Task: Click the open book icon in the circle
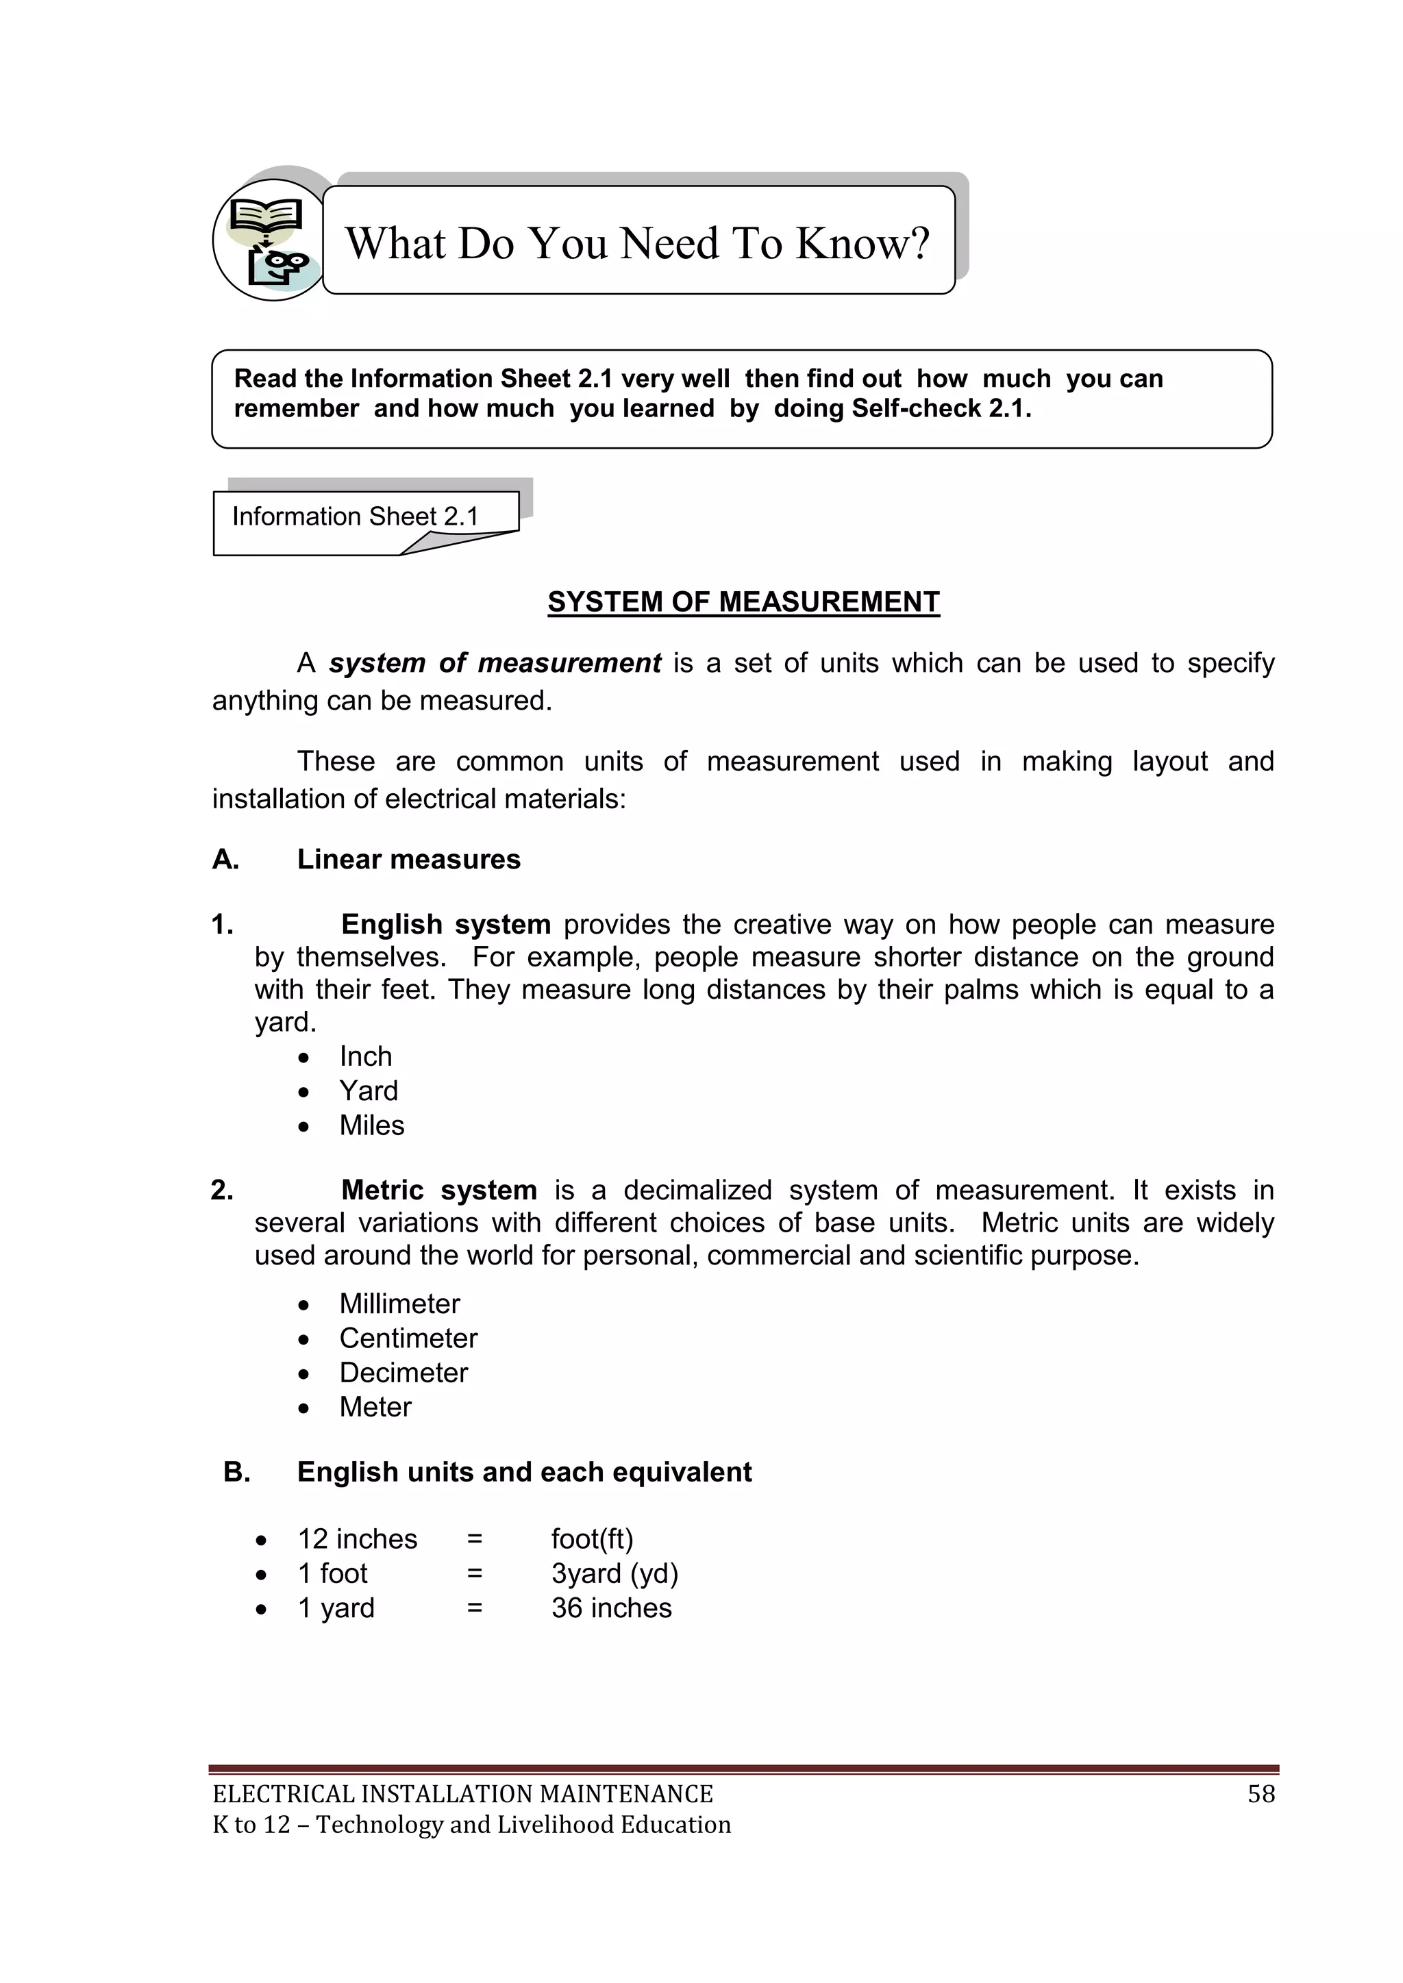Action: coord(266,213)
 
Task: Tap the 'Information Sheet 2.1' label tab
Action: coord(355,516)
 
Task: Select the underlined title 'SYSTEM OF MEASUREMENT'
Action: coord(743,602)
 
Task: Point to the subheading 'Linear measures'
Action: coord(408,860)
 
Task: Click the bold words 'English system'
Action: coord(446,924)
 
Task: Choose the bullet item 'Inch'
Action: coord(365,1056)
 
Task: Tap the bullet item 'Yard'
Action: coord(368,1091)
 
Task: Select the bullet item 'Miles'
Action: coord(371,1125)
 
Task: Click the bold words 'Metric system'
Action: coord(439,1190)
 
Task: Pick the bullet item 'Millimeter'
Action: coord(399,1304)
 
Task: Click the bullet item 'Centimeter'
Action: coord(408,1338)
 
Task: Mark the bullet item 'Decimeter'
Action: coord(403,1373)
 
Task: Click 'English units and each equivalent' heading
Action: coord(524,1472)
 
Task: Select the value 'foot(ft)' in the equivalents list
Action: coord(593,1539)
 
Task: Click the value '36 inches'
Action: coord(612,1608)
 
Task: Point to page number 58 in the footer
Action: coord(1261,1794)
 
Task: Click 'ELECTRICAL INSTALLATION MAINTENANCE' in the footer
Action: coord(463,1794)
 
